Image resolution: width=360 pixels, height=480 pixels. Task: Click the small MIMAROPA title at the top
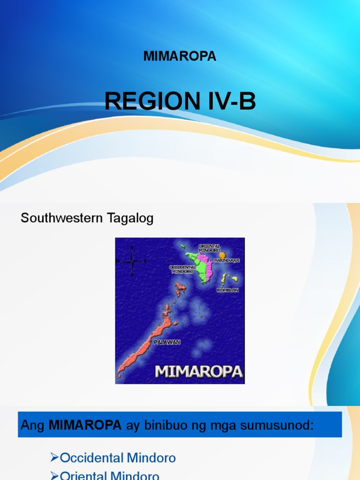(x=180, y=56)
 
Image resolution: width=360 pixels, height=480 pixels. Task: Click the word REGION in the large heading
(x=145, y=101)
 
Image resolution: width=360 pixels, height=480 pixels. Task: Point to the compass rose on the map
(x=132, y=261)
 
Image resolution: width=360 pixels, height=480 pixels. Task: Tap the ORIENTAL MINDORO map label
(x=209, y=248)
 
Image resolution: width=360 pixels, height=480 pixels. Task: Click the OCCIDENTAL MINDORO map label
(x=182, y=269)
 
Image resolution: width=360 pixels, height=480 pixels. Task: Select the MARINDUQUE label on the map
(x=227, y=260)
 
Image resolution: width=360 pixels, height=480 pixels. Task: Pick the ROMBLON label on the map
(x=228, y=290)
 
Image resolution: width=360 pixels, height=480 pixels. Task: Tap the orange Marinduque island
(x=222, y=255)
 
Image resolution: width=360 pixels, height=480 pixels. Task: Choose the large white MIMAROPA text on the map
(x=199, y=372)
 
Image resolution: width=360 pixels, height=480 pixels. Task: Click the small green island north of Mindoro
(x=183, y=246)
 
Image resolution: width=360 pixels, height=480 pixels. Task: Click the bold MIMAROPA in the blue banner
(x=85, y=425)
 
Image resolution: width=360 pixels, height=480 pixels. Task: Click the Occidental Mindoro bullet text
(x=118, y=457)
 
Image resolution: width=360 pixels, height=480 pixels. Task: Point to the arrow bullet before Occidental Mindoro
(x=54, y=457)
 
